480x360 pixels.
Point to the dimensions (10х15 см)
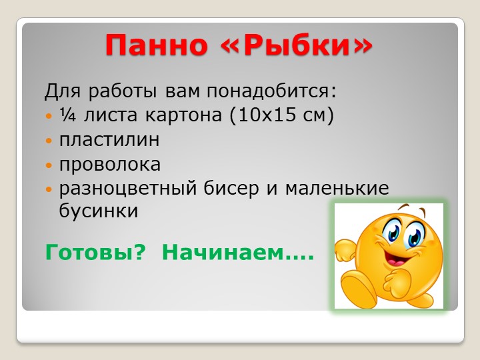tap(281, 115)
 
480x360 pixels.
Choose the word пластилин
tap(109, 140)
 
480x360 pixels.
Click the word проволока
tap(110, 164)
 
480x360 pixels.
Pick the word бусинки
tap(99, 212)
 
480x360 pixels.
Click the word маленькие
tap(337, 188)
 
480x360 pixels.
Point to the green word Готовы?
tap(94, 253)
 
